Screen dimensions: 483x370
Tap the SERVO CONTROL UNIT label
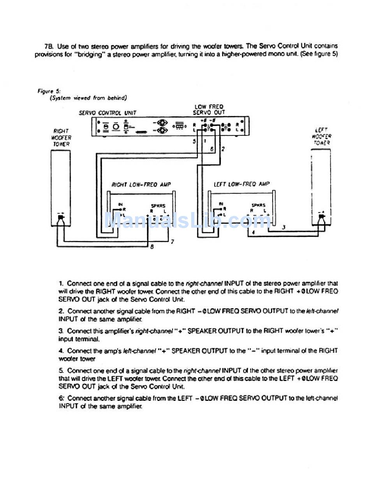point(107,113)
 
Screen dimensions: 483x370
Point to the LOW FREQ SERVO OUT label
point(209,109)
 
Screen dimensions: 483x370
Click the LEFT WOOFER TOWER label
point(321,136)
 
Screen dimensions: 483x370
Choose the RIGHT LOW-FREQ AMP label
point(141,184)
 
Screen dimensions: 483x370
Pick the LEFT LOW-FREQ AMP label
point(241,184)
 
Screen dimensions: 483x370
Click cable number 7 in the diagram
point(172,241)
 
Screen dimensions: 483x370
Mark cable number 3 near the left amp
point(284,227)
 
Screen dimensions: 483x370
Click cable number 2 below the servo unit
point(223,149)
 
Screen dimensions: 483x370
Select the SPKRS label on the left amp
point(258,205)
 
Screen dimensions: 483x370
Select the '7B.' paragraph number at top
point(49,46)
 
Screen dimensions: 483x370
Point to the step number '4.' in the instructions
point(62,351)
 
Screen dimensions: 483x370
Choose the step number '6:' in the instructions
point(62,398)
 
